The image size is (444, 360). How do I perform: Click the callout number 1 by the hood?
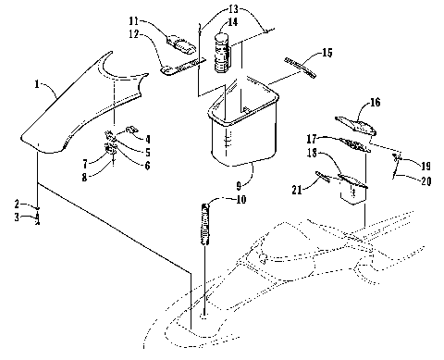36,84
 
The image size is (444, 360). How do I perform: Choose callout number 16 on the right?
375,106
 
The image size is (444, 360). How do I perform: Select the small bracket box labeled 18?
351,190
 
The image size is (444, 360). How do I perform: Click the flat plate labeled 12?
183,68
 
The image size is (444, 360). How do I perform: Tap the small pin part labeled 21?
325,176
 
